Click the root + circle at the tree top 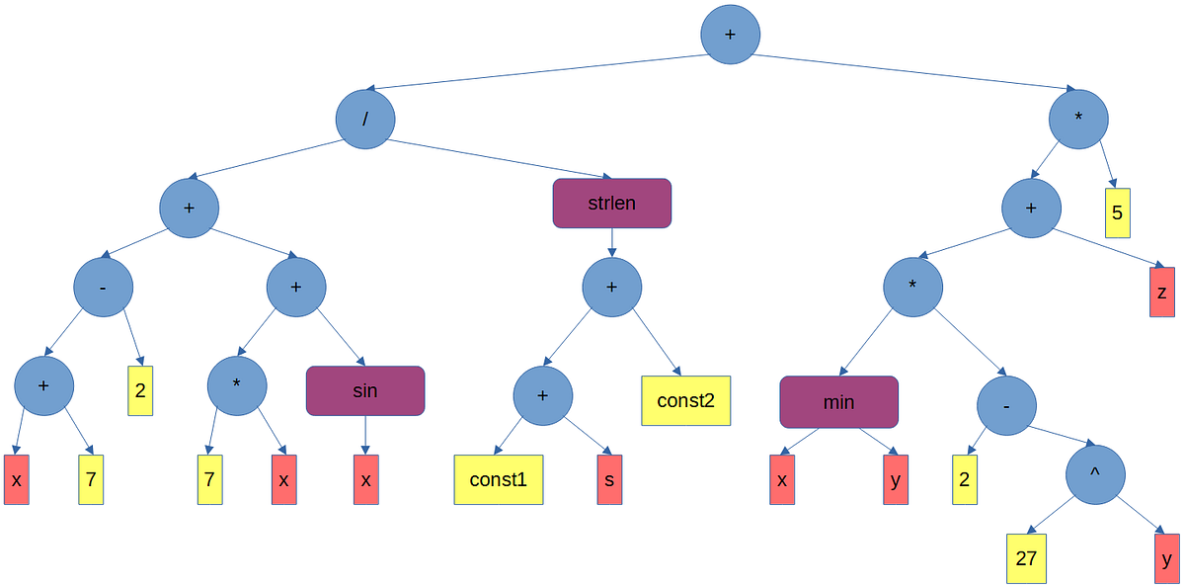730,34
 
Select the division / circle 365,120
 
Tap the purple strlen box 611,204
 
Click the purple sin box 365,390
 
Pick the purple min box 838,401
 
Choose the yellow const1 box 499,479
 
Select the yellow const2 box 685,400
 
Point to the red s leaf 609,479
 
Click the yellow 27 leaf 1026,558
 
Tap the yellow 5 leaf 1117,212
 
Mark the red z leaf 1162,292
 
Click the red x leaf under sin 365,479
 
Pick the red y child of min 896,479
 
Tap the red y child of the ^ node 1166,558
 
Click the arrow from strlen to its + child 611,242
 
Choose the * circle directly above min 912,287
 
